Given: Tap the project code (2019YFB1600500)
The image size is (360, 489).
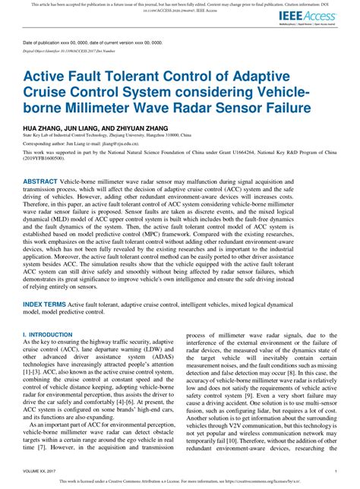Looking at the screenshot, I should (x=49, y=159).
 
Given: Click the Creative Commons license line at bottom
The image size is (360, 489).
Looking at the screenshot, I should (x=179, y=481).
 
